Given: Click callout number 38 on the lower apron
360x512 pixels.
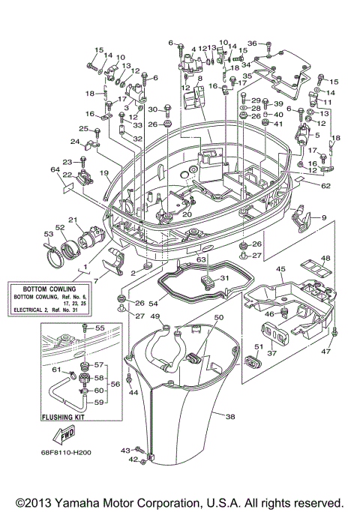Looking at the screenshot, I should coord(230,416).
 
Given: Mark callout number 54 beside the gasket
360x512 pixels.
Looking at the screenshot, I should coord(153,302).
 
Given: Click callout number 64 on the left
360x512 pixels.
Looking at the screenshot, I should coord(55,170).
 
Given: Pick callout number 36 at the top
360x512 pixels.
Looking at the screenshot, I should coord(253,43).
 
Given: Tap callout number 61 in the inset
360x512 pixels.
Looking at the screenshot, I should coord(55,368).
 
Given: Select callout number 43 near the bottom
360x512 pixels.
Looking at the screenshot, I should coord(125,450).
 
